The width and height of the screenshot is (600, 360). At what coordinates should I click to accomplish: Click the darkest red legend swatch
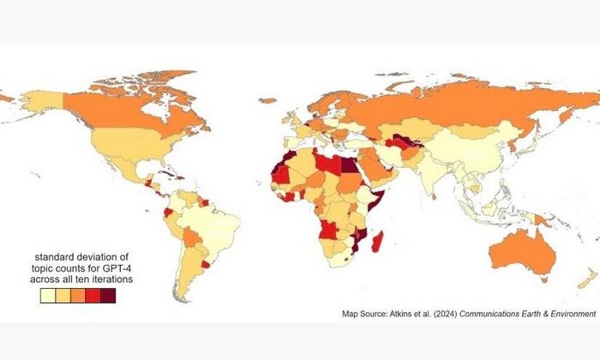point(107,297)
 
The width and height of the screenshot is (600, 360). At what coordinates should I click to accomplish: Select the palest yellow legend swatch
point(47,297)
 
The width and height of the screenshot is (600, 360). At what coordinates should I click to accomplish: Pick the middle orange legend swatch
point(77,297)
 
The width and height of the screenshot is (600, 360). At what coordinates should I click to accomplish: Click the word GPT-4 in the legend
point(122,267)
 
